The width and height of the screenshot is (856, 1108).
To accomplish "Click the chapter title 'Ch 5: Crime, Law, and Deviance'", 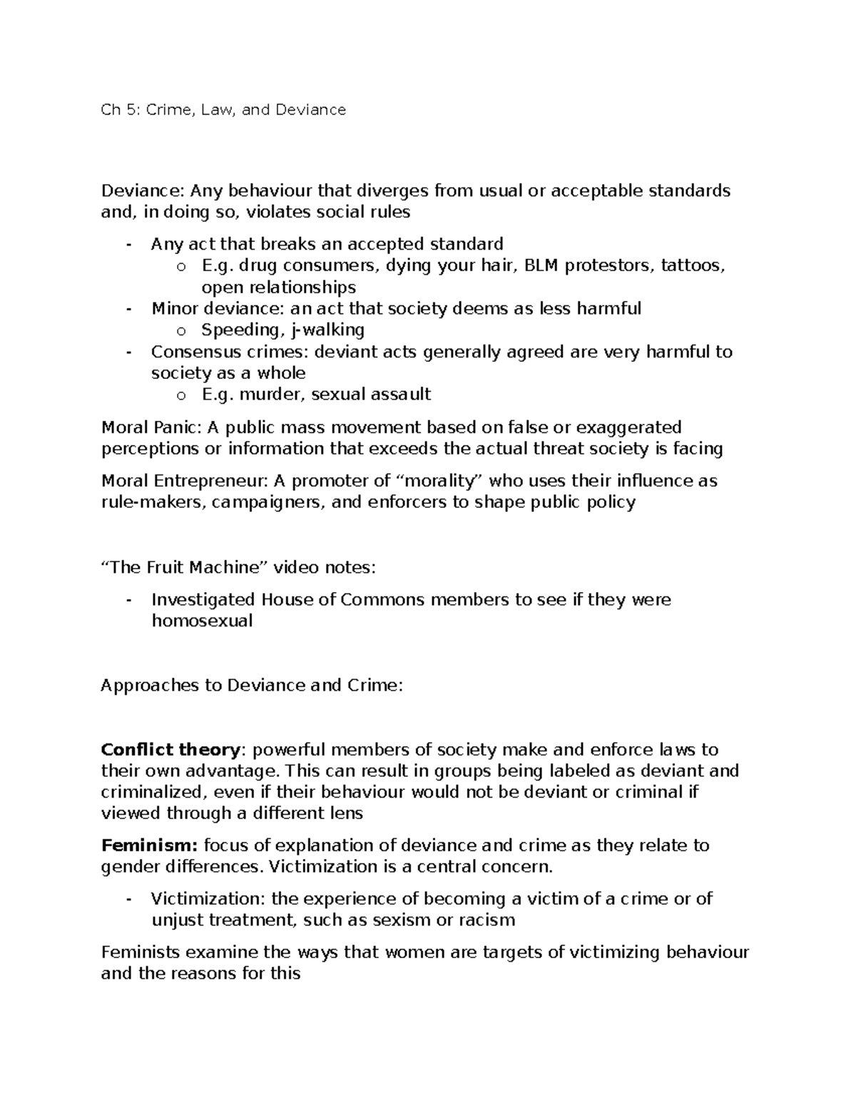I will coord(223,110).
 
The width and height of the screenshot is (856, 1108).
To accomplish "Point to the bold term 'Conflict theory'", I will coord(170,750).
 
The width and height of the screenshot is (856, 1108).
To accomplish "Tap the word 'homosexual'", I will coord(202,621).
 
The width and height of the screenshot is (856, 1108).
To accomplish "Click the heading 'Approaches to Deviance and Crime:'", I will coord(252,686).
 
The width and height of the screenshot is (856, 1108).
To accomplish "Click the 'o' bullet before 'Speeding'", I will coord(180,331).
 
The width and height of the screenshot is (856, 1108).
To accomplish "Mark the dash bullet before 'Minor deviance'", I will coord(128,309).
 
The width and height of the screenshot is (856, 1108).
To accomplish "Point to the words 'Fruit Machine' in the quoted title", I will coord(201,568).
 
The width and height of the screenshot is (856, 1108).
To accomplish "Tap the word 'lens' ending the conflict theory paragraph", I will coord(345,813).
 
